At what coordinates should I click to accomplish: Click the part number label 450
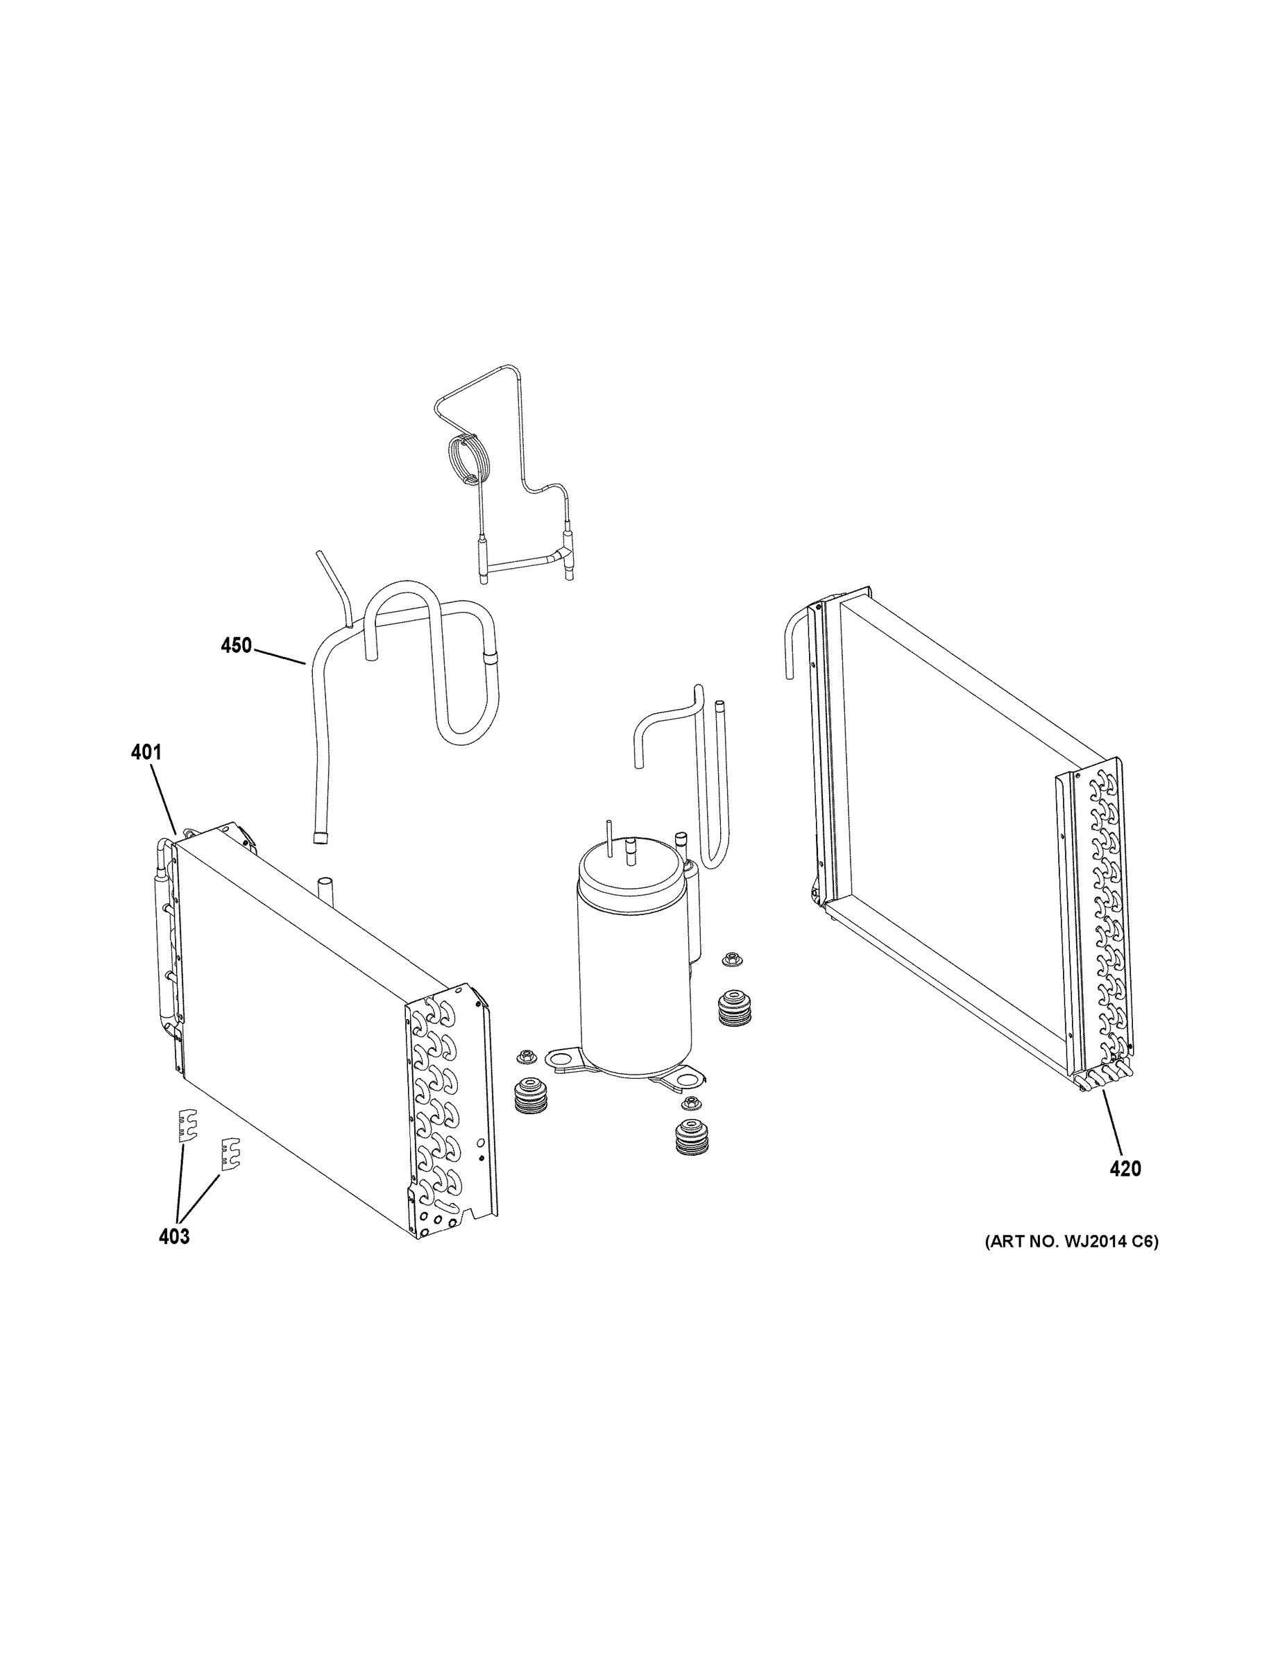(236, 646)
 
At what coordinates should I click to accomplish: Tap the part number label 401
(146, 753)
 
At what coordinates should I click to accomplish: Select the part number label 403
(174, 1236)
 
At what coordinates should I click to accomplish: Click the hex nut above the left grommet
(525, 1056)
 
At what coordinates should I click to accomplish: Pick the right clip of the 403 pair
(230, 1154)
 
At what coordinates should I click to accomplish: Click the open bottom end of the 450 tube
(321, 837)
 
